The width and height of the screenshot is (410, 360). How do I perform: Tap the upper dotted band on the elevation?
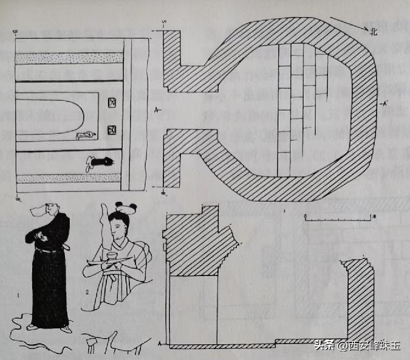point(70,58)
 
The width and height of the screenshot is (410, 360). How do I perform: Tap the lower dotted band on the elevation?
point(70,178)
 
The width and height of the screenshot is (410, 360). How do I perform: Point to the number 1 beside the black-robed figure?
point(19,296)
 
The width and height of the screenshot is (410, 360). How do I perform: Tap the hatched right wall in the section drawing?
point(359,298)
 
